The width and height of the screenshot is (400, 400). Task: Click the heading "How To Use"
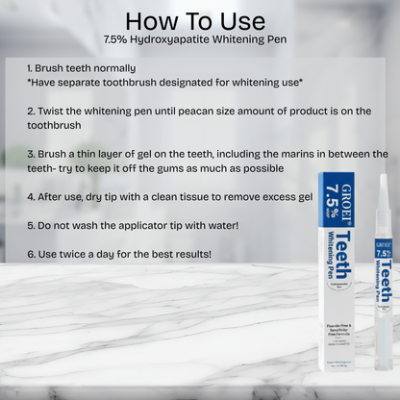coord(199,21)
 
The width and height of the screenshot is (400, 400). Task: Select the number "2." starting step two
coord(31,112)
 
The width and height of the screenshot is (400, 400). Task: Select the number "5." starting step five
coord(31,225)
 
